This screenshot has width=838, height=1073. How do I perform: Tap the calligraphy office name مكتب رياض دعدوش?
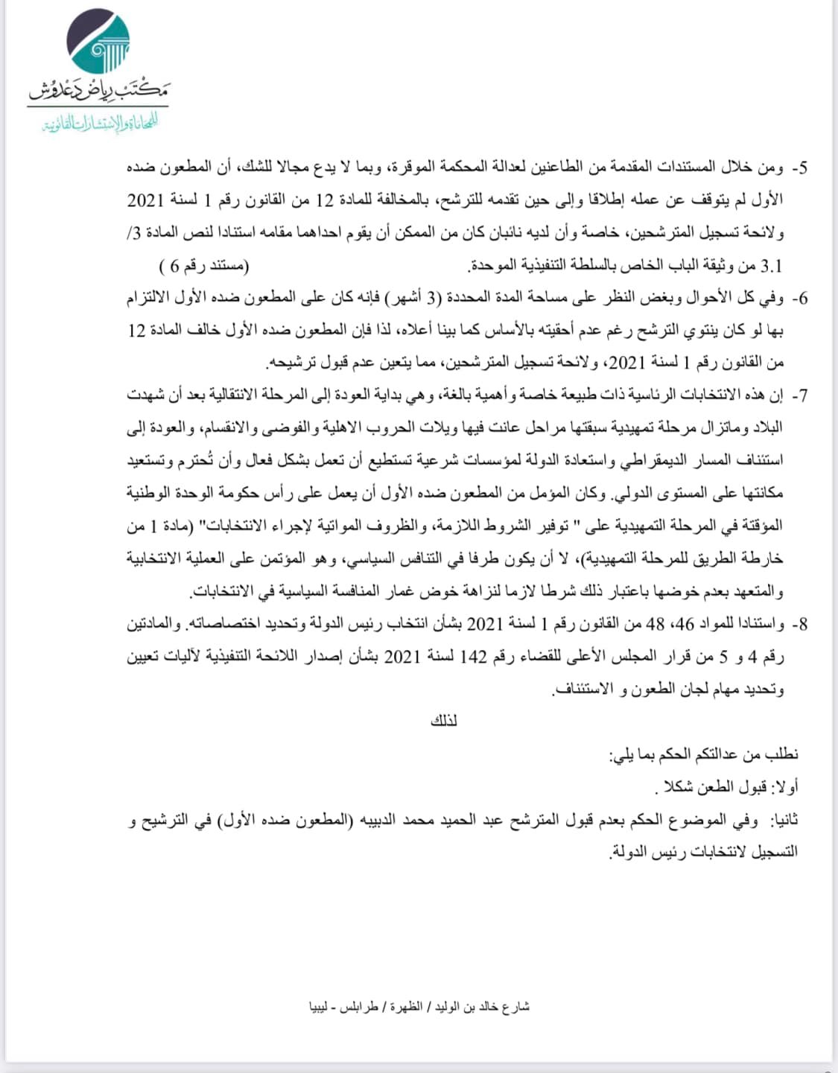coord(98,91)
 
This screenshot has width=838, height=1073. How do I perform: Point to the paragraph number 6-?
coord(799,299)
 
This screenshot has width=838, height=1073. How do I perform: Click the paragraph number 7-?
coord(799,396)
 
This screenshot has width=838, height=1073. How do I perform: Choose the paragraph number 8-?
coord(799,624)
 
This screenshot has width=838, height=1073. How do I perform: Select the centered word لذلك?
coord(444,721)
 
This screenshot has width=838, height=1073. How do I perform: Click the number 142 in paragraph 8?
coord(473,657)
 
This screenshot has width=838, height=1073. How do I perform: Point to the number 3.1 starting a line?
coord(771,266)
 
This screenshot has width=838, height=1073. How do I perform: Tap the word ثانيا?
coord(784,820)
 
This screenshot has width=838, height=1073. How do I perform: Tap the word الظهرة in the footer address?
coord(406,1006)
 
